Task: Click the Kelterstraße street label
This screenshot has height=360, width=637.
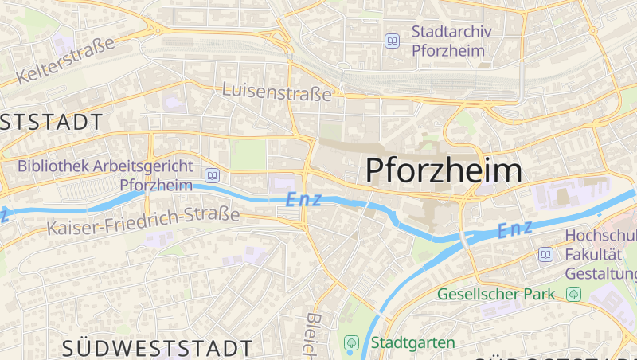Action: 66,61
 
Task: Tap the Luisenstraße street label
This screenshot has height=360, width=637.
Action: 277,92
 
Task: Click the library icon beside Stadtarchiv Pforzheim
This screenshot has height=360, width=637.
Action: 392,41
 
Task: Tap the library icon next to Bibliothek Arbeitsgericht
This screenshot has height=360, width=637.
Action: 212,175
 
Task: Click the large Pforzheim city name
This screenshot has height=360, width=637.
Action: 444,170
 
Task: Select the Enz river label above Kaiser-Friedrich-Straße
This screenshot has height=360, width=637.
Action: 303,199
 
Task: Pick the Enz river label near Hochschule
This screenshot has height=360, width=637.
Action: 514,230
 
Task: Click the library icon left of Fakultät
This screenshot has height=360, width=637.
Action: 545,255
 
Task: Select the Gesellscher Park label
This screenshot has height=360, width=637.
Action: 495,294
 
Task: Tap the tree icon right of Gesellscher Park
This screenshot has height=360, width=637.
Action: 573,294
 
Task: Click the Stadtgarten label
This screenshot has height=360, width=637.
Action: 412,342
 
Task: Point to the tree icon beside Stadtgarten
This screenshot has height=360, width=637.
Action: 350,342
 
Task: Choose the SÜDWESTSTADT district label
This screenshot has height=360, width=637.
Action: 158,348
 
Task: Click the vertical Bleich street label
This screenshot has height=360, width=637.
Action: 312,335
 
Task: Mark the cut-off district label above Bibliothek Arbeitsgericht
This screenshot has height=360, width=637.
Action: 52,122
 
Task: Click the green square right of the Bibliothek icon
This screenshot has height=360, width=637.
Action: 248,155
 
